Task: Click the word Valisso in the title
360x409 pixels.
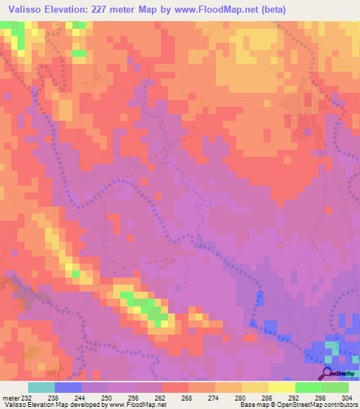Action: pos(25,9)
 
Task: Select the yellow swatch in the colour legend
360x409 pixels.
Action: pos(281,387)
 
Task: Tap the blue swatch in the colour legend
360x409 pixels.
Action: pos(67,387)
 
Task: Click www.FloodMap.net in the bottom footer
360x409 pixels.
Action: pos(138,405)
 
